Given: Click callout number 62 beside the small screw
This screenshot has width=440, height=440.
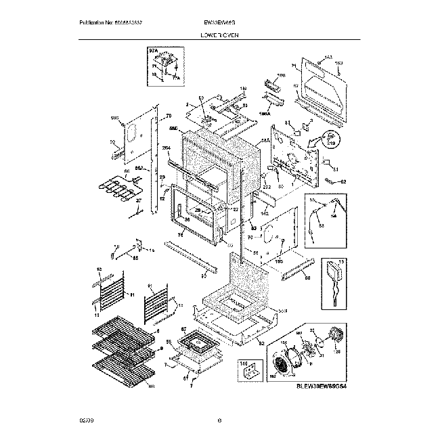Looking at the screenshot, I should tap(343, 181).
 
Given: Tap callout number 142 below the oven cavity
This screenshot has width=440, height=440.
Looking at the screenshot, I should tap(265, 213).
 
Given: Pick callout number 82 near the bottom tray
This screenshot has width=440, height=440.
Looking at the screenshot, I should tap(261, 344).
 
